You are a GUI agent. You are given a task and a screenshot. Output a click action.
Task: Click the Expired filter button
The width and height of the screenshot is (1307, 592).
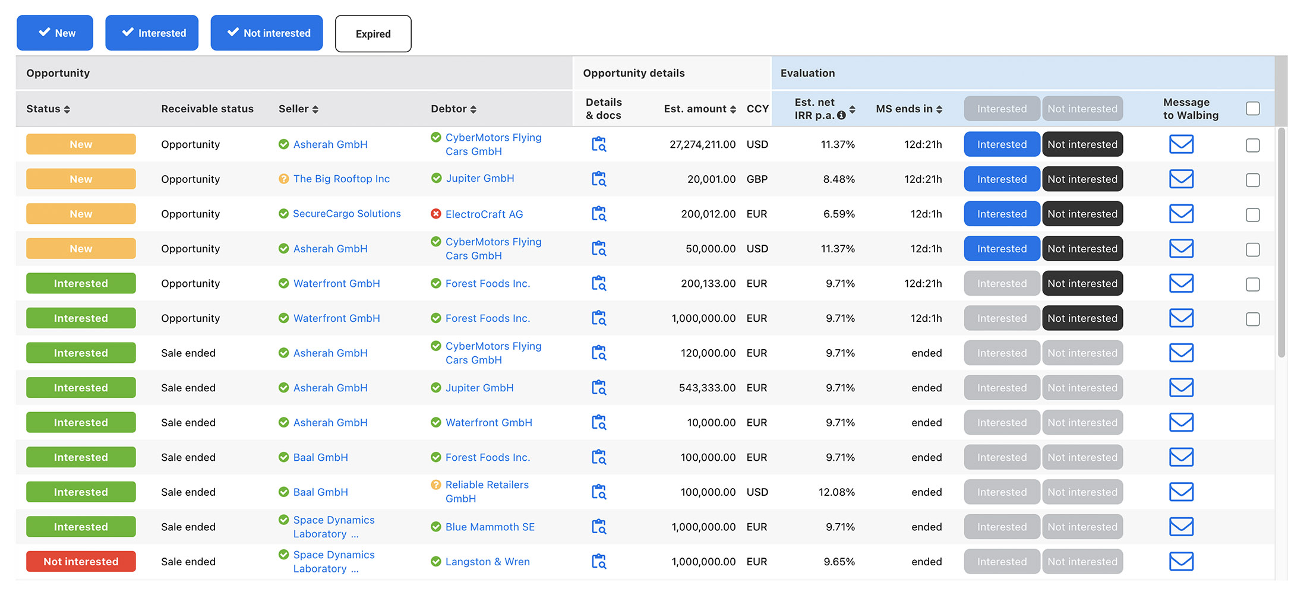coord(373,34)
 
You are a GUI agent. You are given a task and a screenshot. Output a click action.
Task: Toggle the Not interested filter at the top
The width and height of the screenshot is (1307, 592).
coord(267,33)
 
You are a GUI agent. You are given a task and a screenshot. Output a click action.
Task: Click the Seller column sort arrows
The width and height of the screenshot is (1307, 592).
coord(315,109)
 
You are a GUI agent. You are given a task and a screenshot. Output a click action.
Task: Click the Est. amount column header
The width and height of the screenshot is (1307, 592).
coord(695,109)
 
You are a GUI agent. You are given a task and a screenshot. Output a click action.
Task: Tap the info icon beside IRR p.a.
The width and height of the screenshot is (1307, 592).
coord(841,116)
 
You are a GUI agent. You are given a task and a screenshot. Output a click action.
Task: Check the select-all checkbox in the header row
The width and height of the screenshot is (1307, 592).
coord(1252,109)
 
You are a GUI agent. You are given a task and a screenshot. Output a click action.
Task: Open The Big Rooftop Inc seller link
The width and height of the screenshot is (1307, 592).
coord(342,179)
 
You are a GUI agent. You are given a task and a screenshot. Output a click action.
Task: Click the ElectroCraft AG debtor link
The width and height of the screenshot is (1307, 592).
coord(484,214)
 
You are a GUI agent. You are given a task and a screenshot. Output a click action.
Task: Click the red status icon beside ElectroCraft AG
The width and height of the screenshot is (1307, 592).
coord(436,214)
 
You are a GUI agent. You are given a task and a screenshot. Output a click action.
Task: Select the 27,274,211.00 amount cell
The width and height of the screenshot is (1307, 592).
coord(702,144)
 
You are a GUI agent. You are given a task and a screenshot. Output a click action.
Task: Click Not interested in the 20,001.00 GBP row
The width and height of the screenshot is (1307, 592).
coord(1082,179)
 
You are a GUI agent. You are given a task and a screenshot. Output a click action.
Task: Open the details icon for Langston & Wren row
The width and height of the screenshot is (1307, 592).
coord(599,561)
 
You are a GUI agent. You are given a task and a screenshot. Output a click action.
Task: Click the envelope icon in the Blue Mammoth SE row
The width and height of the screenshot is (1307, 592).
coord(1181,527)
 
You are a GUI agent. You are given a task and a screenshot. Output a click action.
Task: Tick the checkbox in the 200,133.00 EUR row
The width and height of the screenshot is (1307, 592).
coord(1252,284)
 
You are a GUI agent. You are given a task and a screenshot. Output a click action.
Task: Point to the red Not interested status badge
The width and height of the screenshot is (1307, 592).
coord(81,562)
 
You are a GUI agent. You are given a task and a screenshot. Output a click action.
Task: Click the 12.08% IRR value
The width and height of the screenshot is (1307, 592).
coord(836,492)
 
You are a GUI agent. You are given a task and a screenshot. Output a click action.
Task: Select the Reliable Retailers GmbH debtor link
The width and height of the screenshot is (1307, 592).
coord(487,492)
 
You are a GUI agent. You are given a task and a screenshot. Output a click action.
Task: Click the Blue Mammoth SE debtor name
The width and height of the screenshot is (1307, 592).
coord(490,527)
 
